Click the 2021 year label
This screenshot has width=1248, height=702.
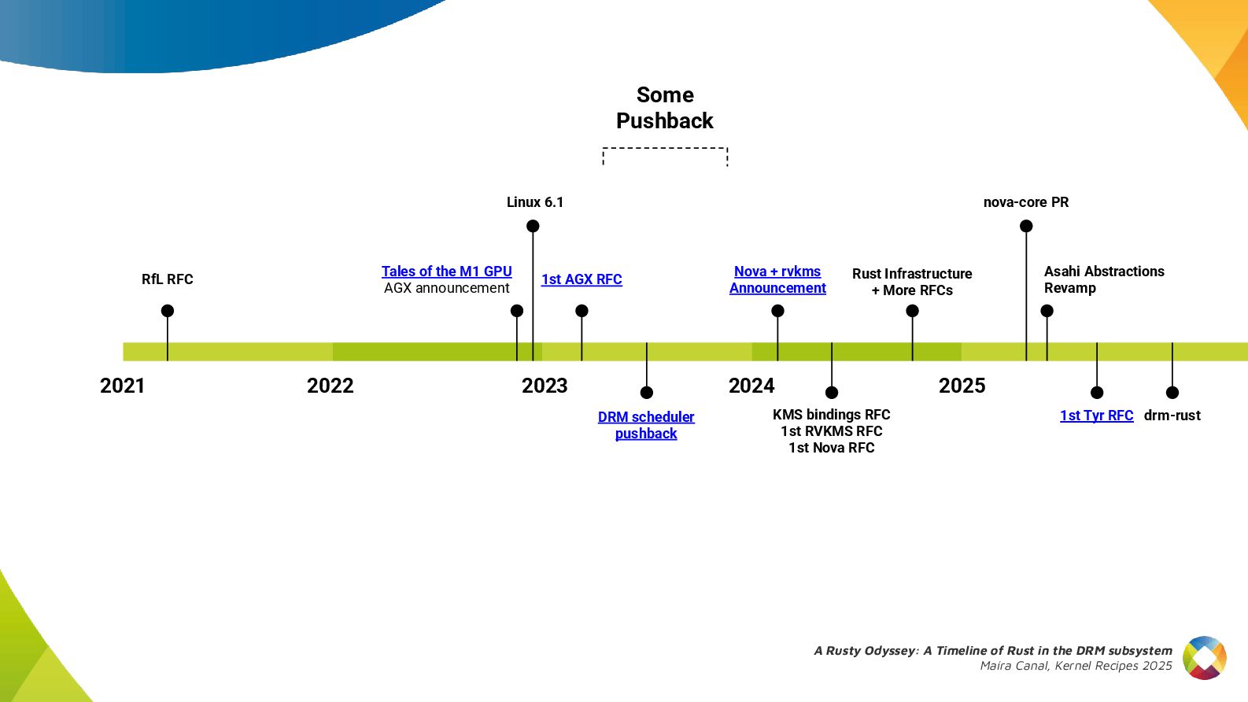click(x=123, y=386)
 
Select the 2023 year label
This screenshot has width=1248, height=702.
click(x=545, y=386)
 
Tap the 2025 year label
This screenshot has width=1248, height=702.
click(x=962, y=386)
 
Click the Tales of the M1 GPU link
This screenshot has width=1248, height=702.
click(x=446, y=272)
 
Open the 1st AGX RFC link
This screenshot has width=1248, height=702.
click(x=582, y=279)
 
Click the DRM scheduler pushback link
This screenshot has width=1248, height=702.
click(x=646, y=425)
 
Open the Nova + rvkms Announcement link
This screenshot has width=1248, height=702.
click(x=777, y=279)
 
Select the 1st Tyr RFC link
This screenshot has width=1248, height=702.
click(x=1096, y=416)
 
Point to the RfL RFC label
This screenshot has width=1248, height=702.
click(x=167, y=279)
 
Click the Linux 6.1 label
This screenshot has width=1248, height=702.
click(x=535, y=202)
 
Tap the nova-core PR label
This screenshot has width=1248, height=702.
click(x=1026, y=202)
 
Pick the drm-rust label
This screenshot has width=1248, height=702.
click(x=1172, y=416)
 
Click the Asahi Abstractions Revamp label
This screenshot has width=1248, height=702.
click(x=1103, y=279)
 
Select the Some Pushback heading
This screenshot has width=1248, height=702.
click(x=665, y=108)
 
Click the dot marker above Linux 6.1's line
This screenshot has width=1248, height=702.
click(x=533, y=226)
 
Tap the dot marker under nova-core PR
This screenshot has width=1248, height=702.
click(x=1026, y=226)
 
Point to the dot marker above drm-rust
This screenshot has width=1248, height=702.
click(x=1172, y=393)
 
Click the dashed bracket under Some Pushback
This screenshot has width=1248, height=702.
click(x=665, y=148)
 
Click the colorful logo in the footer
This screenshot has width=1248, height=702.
click(x=1205, y=658)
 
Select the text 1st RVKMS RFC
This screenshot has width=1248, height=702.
click(x=832, y=431)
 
